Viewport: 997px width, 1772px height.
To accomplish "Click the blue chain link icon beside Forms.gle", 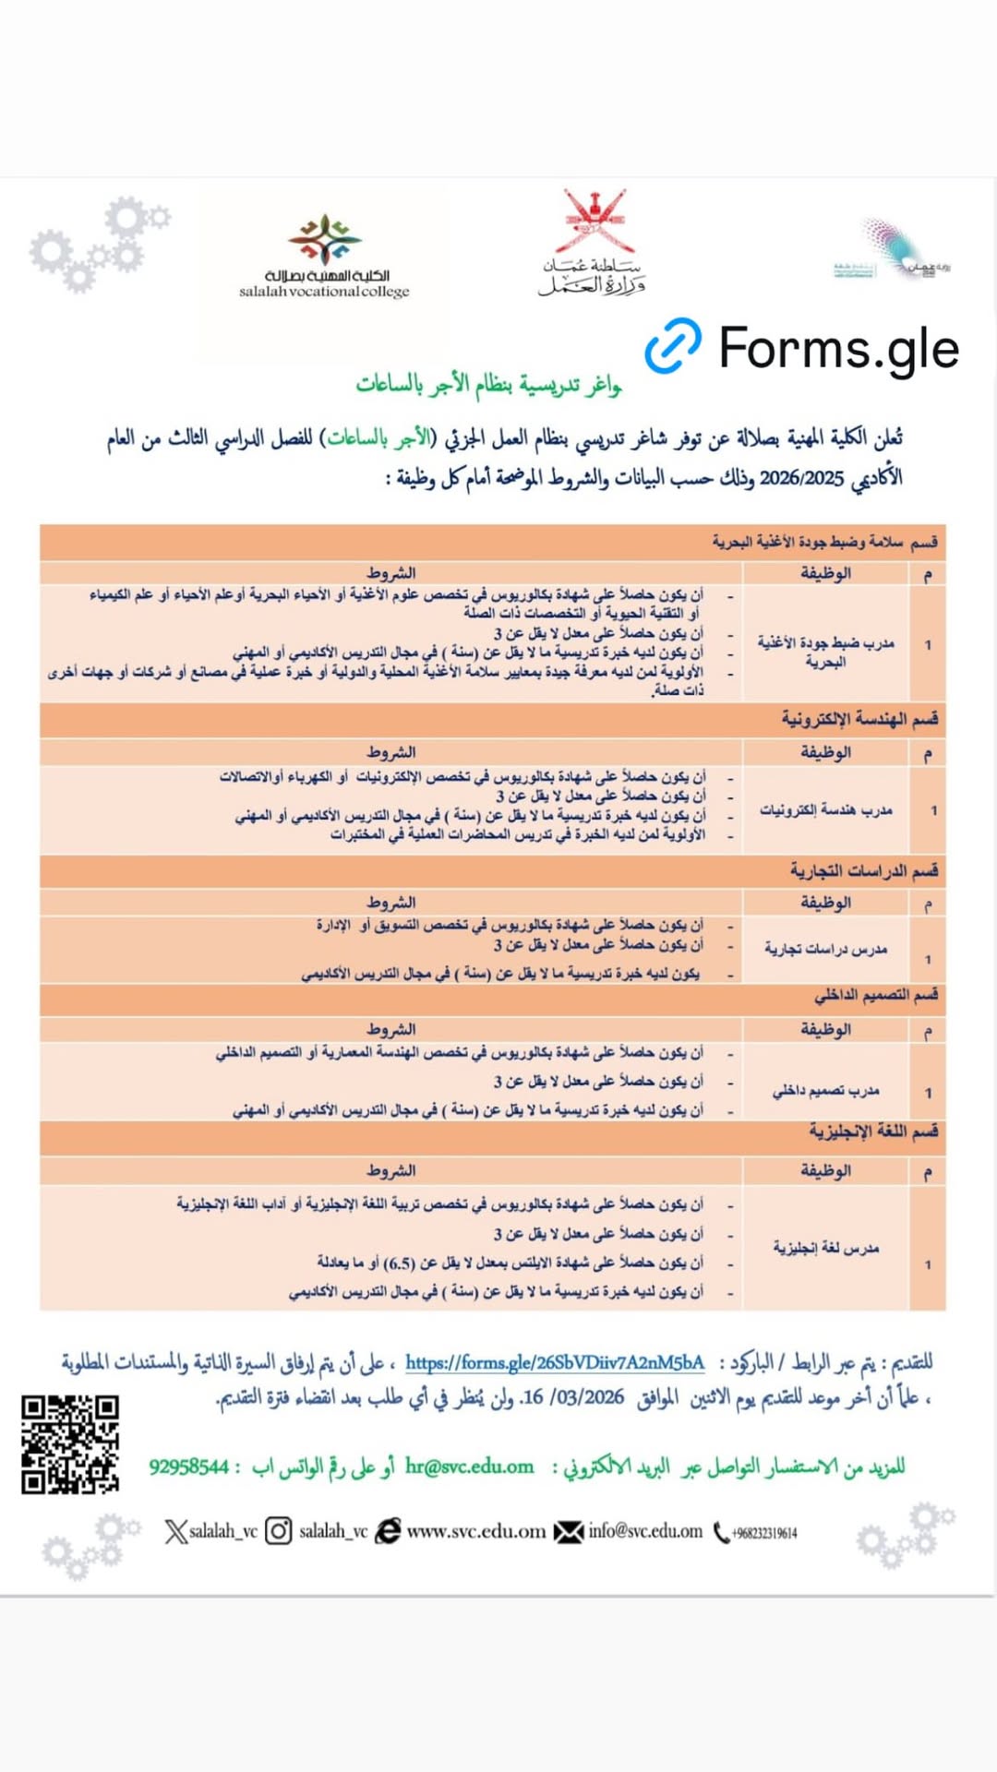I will (673, 346).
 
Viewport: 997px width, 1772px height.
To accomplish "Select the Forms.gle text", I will (838, 349).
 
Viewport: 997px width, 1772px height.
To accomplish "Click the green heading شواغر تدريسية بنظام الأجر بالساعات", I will (488, 384).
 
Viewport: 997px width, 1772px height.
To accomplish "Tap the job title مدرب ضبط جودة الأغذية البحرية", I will (825, 652).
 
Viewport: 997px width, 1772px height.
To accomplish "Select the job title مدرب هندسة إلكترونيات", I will (825, 810).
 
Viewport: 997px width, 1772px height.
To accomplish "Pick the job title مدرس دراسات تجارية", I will (825, 948).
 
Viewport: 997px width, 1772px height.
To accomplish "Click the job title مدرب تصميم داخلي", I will (825, 1091).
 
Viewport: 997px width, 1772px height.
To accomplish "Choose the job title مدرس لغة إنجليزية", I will (825, 1248).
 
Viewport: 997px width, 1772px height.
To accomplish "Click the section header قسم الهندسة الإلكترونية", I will (859, 719).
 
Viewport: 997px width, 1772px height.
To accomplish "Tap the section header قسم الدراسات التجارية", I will (863, 870).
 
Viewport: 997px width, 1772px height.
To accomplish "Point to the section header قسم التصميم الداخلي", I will (876, 995).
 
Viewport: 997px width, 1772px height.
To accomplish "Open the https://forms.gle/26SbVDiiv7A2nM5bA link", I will (555, 1362).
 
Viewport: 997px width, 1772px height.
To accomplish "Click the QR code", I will (70, 1443).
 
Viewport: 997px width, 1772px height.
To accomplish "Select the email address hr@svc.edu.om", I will (469, 1467).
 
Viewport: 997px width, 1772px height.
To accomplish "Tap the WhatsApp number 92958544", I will (188, 1467).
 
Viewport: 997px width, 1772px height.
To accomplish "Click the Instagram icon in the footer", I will (278, 1531).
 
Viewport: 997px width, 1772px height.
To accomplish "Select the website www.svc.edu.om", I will (476, 1531).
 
